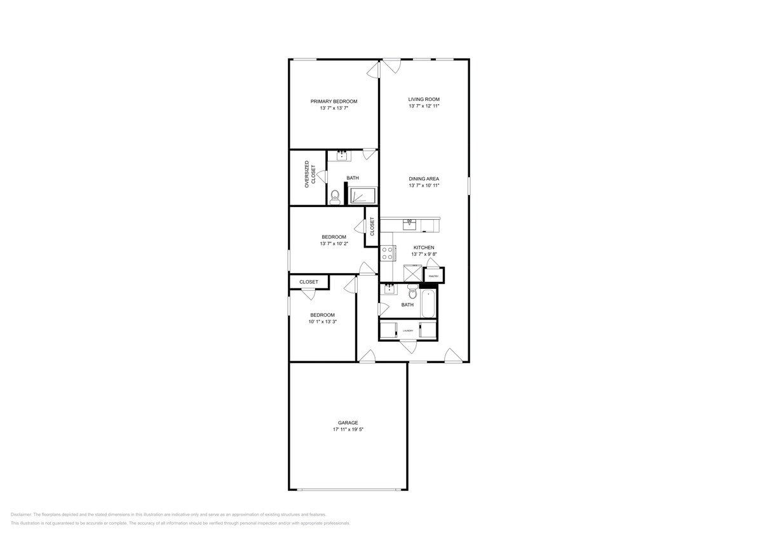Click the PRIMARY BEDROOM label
click(x=334, y=102)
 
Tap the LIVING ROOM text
click(x=424, y=99)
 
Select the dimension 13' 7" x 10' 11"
click(x=424, y=186)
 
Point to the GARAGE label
click(x=348, y=422)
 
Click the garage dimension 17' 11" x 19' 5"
click(x=348, y=430)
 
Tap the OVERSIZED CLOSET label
click(x=309, y=174)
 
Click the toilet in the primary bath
click(x=335, y=197)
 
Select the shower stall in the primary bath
click(x=362, y=196)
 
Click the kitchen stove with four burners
click(x=387, y=253)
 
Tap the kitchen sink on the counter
click(x=410, y=224)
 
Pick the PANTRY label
click(x=434, y=276)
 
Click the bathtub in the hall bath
click(x=429, y=302)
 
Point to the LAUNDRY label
click(x=407, y=331)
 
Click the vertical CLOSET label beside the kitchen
click(x=372, y=226)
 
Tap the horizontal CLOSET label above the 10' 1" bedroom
click(x=309, y=282)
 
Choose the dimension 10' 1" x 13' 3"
click(x=322, y=322)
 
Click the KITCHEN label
click(x=424, y=247)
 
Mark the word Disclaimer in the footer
click(x=21, y=514)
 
